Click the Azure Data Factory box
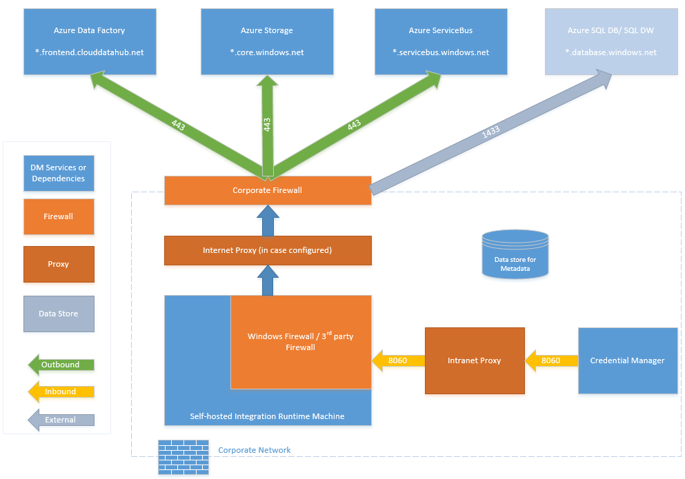pyautogui.click(x=89, y=41)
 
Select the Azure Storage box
pyautogui.click(x=267, y=41)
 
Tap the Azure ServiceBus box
pyautogui.click(x=440, y=41)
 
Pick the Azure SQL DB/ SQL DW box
pyautogui.click(x=611, y=41)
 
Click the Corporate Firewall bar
pyautogui.click(x=268, y=190)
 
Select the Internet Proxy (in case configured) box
pyautogui.click(x=268, y=250)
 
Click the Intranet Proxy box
pyautogui.click(x=474, y=360)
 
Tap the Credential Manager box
pyautogui.click(x=627, y=360)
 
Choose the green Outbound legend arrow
pyautogui.click(x=60, y=365)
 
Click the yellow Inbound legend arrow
pyautogui.click(x=60, y=391)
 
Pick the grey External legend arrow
pyautogui.click(x=60, y=420)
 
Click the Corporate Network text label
pyautogui.click(x=255, y=450)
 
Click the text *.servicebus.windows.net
pyautogui.click(x=440, y=52)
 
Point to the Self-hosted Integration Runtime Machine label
pyautogui.click(x=267, y=416)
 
